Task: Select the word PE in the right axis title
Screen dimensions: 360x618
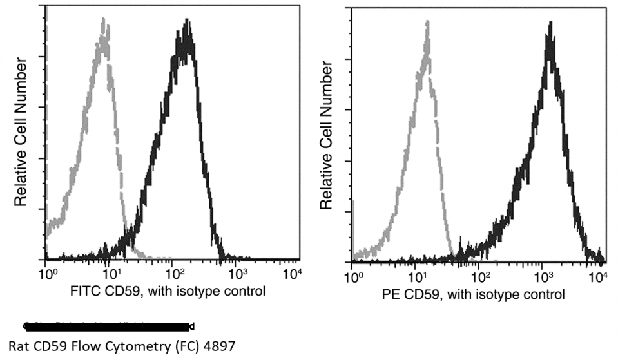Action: (x=391, y=295)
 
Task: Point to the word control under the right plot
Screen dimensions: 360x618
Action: (x=545, y=295)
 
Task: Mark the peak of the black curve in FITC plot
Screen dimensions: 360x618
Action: (x=186, y=23)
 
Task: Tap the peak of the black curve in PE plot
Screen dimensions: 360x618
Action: (x=550, y=24)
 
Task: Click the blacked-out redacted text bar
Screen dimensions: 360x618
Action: (x=110, y=325)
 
